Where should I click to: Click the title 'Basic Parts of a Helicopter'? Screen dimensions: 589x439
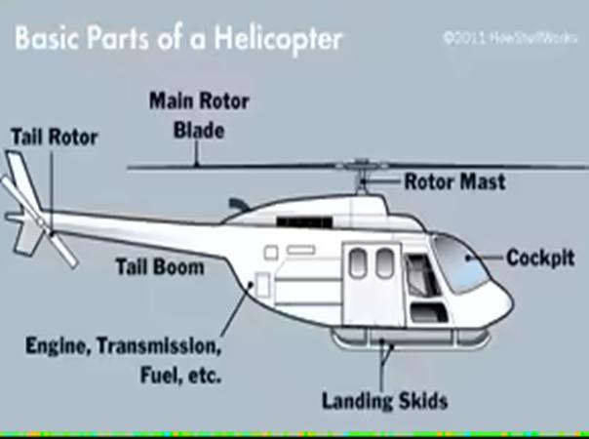point(178,39)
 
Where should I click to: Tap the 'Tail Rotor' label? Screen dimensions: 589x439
point(54,137)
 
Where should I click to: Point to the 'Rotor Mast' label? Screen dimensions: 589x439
point(455,181)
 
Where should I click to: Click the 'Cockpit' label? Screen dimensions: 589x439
point(540,258)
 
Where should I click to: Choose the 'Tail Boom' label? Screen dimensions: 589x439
point(160,266)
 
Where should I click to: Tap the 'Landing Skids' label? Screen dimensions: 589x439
point(384,401)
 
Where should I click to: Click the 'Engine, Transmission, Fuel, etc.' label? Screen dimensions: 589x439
point(125,359)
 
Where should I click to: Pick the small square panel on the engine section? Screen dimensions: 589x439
point(261,283)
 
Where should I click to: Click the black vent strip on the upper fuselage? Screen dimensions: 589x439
point(297,223)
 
